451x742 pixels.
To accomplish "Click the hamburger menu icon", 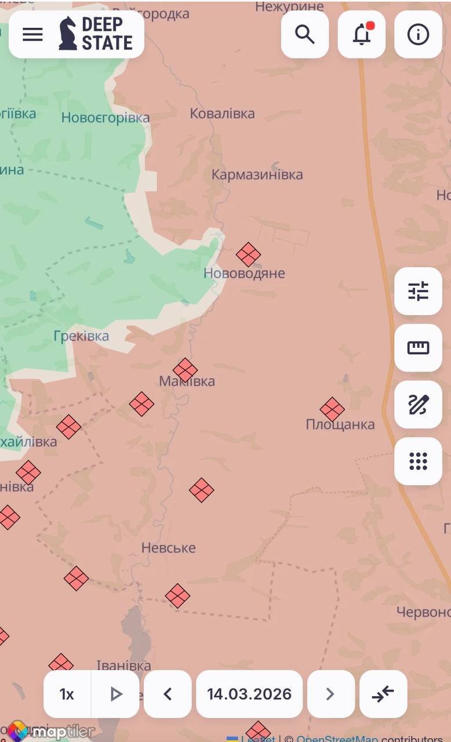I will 32,35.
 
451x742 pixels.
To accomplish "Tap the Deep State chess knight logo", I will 68,34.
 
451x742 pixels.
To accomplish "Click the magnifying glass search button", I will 305,35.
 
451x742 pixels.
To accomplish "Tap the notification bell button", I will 362,35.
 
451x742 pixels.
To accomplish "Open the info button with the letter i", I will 418,35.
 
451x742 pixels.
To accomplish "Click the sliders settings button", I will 418,291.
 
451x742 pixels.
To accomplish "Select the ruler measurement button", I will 418,348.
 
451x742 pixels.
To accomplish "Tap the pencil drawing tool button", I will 418,405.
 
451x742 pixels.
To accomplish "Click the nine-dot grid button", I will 418,461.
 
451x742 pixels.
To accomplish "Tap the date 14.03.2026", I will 249,694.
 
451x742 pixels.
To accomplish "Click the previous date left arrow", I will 168,694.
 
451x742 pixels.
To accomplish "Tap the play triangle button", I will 116,694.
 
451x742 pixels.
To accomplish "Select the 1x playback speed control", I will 67,694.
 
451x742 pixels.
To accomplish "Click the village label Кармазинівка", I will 257,174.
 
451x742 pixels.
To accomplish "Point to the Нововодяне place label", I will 244,273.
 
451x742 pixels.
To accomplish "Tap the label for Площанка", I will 340,424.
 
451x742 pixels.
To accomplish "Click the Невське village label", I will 169,548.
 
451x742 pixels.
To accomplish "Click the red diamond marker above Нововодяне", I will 248,254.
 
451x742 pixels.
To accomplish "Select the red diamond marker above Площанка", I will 332,409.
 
